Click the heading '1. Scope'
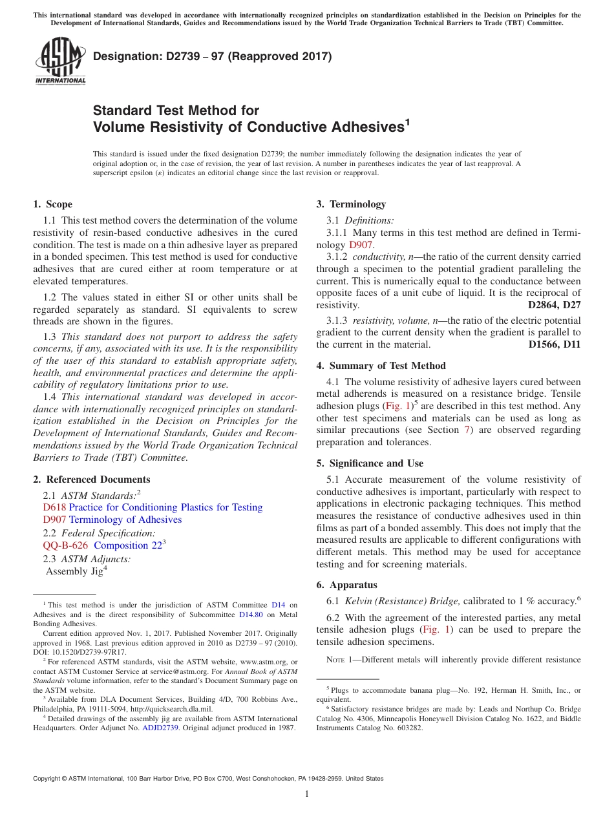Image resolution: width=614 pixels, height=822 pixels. [52, 204]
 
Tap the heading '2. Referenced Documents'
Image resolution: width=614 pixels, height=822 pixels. [91, 479]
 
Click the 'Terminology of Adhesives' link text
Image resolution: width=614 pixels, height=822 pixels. [125, 520]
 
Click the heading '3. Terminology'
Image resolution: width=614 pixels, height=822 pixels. [351, 204]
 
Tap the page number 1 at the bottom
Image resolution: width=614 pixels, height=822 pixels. [307, 794]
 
